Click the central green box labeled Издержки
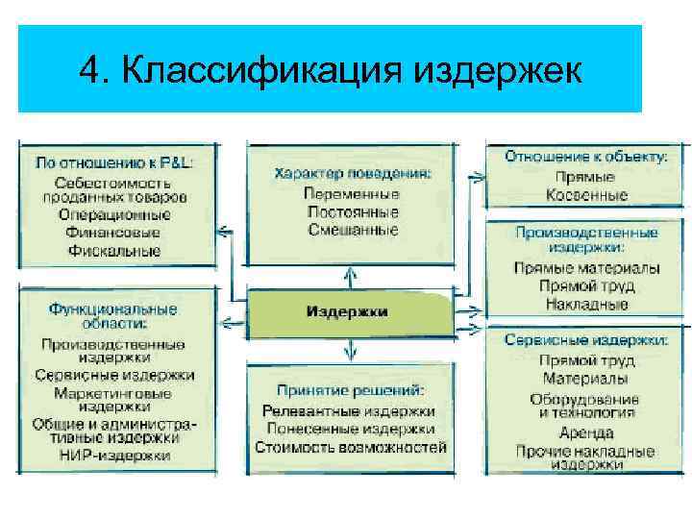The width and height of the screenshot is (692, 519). [x=348, y=312]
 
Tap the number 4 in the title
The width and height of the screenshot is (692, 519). [x=92, y=70]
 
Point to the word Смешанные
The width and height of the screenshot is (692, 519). [x=353, y=230]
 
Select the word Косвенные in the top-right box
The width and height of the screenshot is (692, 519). [x=586, y=195]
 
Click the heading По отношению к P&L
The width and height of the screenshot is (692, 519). [x=114, y=163]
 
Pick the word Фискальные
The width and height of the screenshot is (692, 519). [x=114, y=250]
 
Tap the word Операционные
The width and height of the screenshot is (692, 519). [x=114, y=215]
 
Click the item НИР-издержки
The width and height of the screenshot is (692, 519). [x=114, y=456]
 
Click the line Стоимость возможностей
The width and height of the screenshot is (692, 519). [x=351, y=447]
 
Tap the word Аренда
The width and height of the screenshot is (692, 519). [x=586, y=432]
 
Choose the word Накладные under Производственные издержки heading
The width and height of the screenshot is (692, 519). [x=586, y=304]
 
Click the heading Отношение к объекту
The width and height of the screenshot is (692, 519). [x=586, y=156]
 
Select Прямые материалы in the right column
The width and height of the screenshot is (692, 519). [x=586, y=268]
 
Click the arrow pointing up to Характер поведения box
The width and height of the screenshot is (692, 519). [x=352, y=275]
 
